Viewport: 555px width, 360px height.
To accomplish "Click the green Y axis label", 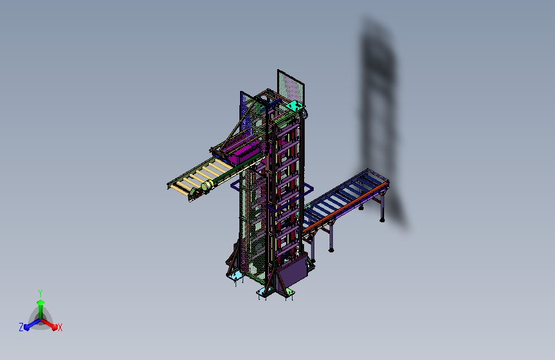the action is tap(40, 293).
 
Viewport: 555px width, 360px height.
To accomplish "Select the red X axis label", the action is tap(60, 328).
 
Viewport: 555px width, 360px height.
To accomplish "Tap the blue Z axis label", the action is tap(21, 327).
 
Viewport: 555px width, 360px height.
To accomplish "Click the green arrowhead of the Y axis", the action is tap(40, 302).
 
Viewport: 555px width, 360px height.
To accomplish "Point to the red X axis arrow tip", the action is tap(54, 327).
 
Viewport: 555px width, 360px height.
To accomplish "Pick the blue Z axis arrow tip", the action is tap(27, 328).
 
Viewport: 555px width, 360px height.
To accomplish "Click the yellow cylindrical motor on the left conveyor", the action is tap(206, 185).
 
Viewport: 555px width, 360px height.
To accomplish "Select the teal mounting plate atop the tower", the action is tap(295, 106).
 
